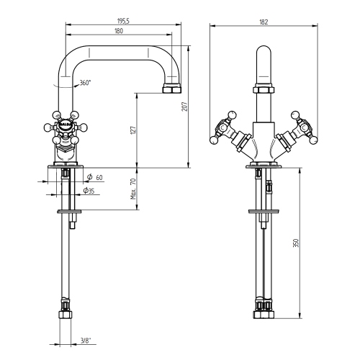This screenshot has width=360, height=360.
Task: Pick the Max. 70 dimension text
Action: (x=134, y=189)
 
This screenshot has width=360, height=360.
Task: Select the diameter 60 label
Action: (x=96, y=176)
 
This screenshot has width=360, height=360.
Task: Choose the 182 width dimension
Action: (x=264, y=22)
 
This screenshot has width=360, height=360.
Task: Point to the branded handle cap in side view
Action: (x=64, y=123)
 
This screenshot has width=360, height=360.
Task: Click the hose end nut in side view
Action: (x=66, y=314)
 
